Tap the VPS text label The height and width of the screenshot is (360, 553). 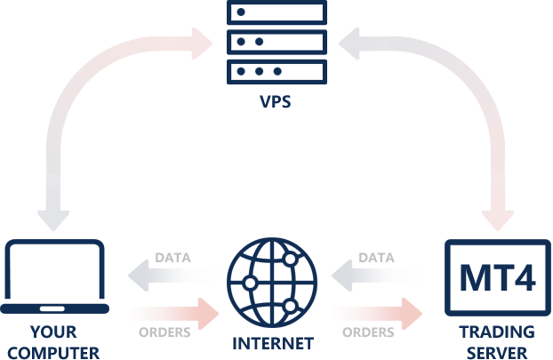click(276, 102)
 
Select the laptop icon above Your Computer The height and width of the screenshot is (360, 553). click(55, 276)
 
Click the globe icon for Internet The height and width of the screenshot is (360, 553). click(273, 277)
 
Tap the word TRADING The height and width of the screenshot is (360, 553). click(497, 333)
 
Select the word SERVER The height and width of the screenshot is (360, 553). click(497, 352)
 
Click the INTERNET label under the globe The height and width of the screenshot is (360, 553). click(273, 342)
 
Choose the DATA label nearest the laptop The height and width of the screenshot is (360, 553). click(172, 259)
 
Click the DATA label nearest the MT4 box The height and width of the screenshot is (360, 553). click(376, 259)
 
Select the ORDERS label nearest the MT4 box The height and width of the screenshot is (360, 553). click(369, 333)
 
